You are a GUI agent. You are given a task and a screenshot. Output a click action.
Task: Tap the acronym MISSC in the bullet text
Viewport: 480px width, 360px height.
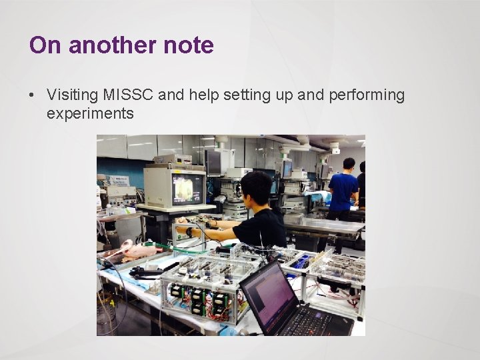131,95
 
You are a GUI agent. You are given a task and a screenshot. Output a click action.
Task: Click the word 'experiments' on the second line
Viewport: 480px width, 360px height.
90,114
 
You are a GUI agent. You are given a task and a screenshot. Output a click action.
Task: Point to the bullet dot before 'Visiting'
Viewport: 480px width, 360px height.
32,95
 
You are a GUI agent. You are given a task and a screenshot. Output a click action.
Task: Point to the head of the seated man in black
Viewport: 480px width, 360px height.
257,190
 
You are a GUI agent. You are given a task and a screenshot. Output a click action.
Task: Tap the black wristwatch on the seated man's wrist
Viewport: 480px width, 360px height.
190,232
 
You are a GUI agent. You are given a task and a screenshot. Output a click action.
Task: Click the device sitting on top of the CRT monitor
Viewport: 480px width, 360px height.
172,160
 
